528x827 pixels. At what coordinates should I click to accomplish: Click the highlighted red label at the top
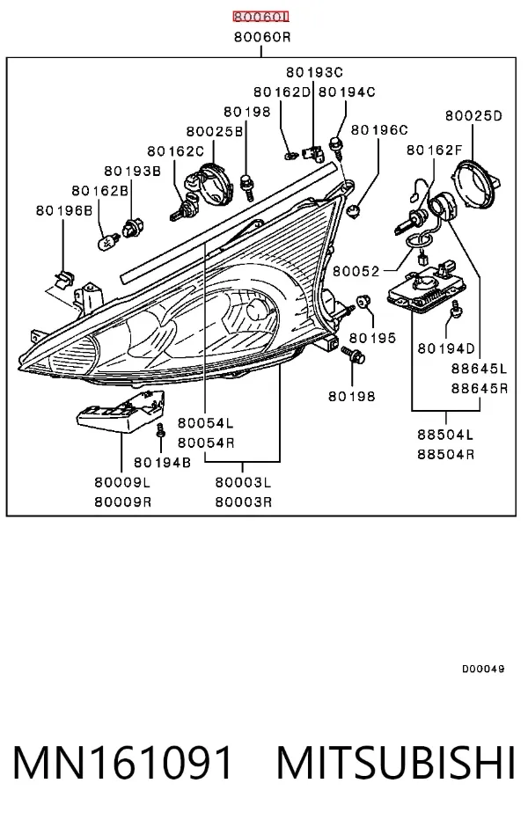pyautogui.click(x=261, y=18)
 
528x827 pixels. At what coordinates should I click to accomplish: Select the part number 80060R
pyautogui.click(x=262, y=38)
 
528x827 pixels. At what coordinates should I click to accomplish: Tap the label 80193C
pyautogui.click(x=314, y=72)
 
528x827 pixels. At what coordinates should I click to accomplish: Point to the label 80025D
pyautogui.click(x=473, y=116)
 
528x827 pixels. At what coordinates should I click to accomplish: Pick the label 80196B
pyautogui.click(x=64, y=210)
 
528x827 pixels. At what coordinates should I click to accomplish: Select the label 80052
pyautogui.click(x=356, y=271)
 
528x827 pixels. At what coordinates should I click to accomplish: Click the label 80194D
pyautogui.click(x=446, y=348)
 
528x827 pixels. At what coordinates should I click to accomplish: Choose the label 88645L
pyautogui.click(x=479, y=368)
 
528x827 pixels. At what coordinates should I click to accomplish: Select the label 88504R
pyautogui.click(x=445, y=454)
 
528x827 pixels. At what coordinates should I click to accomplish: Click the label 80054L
pyautogui.click(x=205, y=423)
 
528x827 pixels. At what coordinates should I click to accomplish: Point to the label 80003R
pyautogui.click(x=243, y=501)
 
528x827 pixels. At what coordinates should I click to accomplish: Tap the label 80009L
pyautogui.click(x=122, y=482)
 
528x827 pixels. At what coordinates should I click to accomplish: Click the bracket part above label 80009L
pyautogui.click(x=121, y=412)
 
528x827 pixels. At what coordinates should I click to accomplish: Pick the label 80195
pyautogui.click(x=372, y=338)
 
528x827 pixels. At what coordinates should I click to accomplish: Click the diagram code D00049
pyautogui.click(x=483, y=670)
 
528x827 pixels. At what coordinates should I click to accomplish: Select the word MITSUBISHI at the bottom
pyautogui.click(x=396, y=763)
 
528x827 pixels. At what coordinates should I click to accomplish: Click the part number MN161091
pyautogui.click(x=122, y=763)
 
